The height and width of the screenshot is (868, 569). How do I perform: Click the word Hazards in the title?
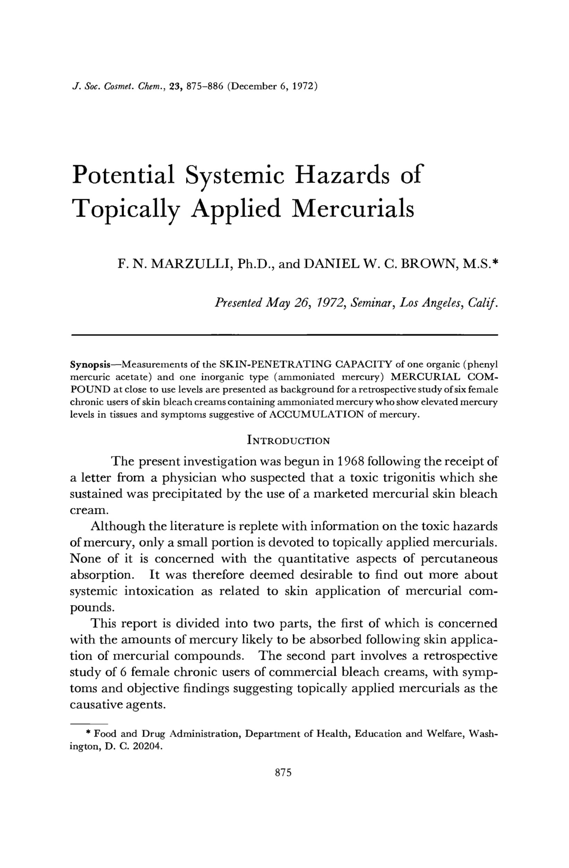pyautogui.click(x=340, y=175)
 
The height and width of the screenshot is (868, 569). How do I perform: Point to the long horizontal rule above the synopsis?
pyautogui.click(x=284, y=334)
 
